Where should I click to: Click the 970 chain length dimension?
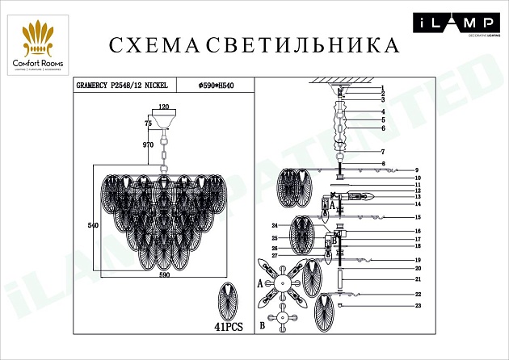tap(147, 144)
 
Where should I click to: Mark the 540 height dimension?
tap(92, 225)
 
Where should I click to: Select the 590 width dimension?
tap(165, 275)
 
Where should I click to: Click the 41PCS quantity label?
tap(229, 328)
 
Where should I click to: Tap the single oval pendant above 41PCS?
tap(229, 300)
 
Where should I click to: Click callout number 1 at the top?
tap(382, 88)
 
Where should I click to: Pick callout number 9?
tap(418, 170)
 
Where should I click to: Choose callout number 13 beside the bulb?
tap(418, 196)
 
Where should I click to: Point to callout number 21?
tap(418, 278)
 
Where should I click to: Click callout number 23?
tap(418, 306)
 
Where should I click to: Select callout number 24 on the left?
tap(274, 225)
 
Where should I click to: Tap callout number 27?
tap(274, 256)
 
